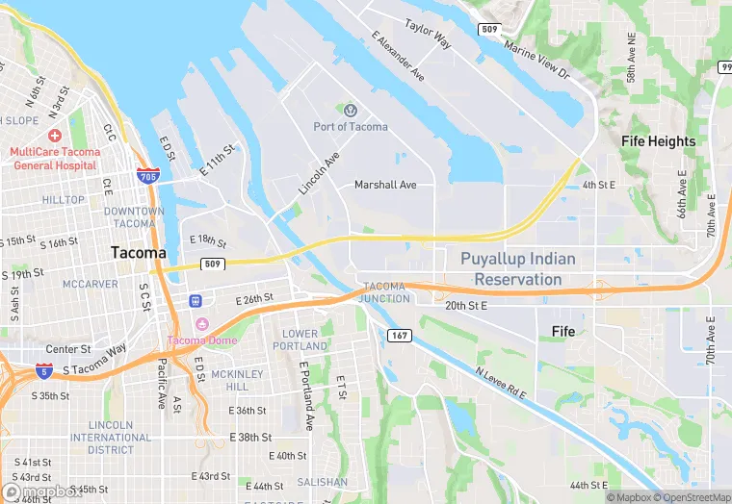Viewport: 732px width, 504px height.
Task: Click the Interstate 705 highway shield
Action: click(148, 177)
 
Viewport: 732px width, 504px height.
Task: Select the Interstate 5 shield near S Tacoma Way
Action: click(43, 369)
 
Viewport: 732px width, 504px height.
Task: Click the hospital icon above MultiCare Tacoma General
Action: click(54, 136)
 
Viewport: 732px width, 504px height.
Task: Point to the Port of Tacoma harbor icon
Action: click(350, 111)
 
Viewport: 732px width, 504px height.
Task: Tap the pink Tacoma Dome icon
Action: click(201, 323)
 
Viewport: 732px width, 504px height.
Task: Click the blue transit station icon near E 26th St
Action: click(196, 301)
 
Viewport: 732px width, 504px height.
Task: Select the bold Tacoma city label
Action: click(138, 252)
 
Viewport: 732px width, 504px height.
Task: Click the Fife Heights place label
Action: click(658, 141)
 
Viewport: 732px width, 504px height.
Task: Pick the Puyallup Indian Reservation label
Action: click(517, 269)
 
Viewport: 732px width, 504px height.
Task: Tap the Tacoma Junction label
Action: click(385, 292)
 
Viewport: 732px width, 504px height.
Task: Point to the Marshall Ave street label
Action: click(385, 185)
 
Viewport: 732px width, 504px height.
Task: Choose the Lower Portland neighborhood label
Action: click(300, 340)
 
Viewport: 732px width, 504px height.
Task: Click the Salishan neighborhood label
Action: click(323, 482)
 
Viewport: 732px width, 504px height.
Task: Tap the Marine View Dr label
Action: click(537, 60)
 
